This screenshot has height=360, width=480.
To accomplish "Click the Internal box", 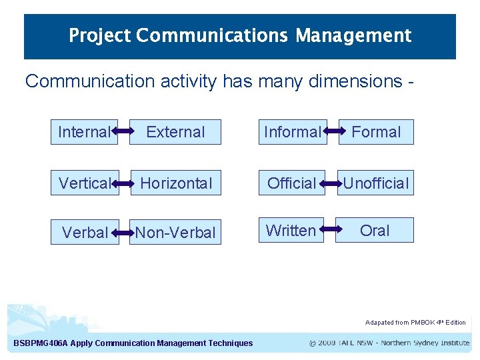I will pos(84,132).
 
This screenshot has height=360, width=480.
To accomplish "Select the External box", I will pos(175,132).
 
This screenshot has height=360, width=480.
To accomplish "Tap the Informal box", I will pos(293,132).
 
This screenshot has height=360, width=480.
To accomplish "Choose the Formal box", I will pos(376,132).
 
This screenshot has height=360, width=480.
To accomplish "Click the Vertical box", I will pos(85,183).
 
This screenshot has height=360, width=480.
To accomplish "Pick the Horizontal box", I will pos(176,183).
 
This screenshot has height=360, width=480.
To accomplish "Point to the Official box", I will pos(291,183).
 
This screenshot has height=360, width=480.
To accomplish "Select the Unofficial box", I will pos(376,183).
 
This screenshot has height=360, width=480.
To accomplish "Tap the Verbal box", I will pos(85,232).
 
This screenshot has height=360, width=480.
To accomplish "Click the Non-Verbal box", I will pos(175,232).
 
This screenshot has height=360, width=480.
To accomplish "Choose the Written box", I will pos(291,230).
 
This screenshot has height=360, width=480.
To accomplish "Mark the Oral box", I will pos(375,230).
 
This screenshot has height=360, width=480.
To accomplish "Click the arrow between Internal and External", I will pos(123,132).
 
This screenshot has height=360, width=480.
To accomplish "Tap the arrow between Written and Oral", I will pos(329,230).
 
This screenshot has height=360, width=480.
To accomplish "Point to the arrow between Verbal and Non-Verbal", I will pos(124,233).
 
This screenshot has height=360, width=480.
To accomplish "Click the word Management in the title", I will pos(353,35).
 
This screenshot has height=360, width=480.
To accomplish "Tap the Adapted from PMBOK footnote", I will pos(415,323).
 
